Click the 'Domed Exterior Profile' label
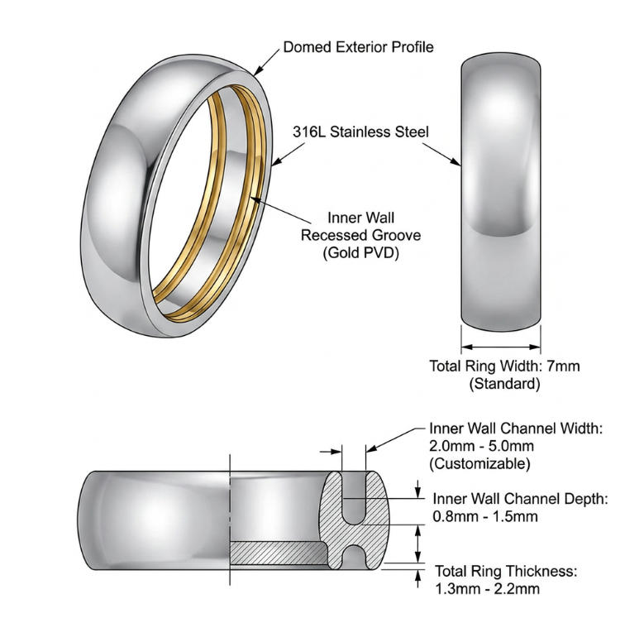(358, 47)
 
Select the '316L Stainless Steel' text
(360, 132)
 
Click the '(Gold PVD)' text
(361, 253)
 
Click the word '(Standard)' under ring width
(504, 384)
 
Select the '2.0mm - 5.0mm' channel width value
(475, 446)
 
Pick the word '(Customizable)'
(479, 463)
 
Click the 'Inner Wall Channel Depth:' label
(521, 500)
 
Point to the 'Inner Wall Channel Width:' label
(517, 429)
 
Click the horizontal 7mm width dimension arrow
(501, 346)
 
